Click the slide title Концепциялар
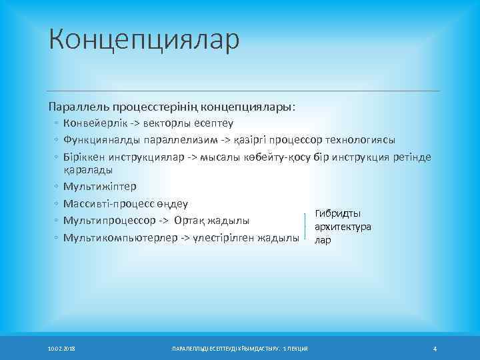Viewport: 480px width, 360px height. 143,39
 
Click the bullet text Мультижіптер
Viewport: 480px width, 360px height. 99,187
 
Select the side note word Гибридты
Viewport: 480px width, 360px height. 338,213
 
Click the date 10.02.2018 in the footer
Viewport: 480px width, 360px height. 61,349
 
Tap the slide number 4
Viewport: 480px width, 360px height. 434,349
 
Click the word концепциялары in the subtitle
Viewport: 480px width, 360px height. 248,106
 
